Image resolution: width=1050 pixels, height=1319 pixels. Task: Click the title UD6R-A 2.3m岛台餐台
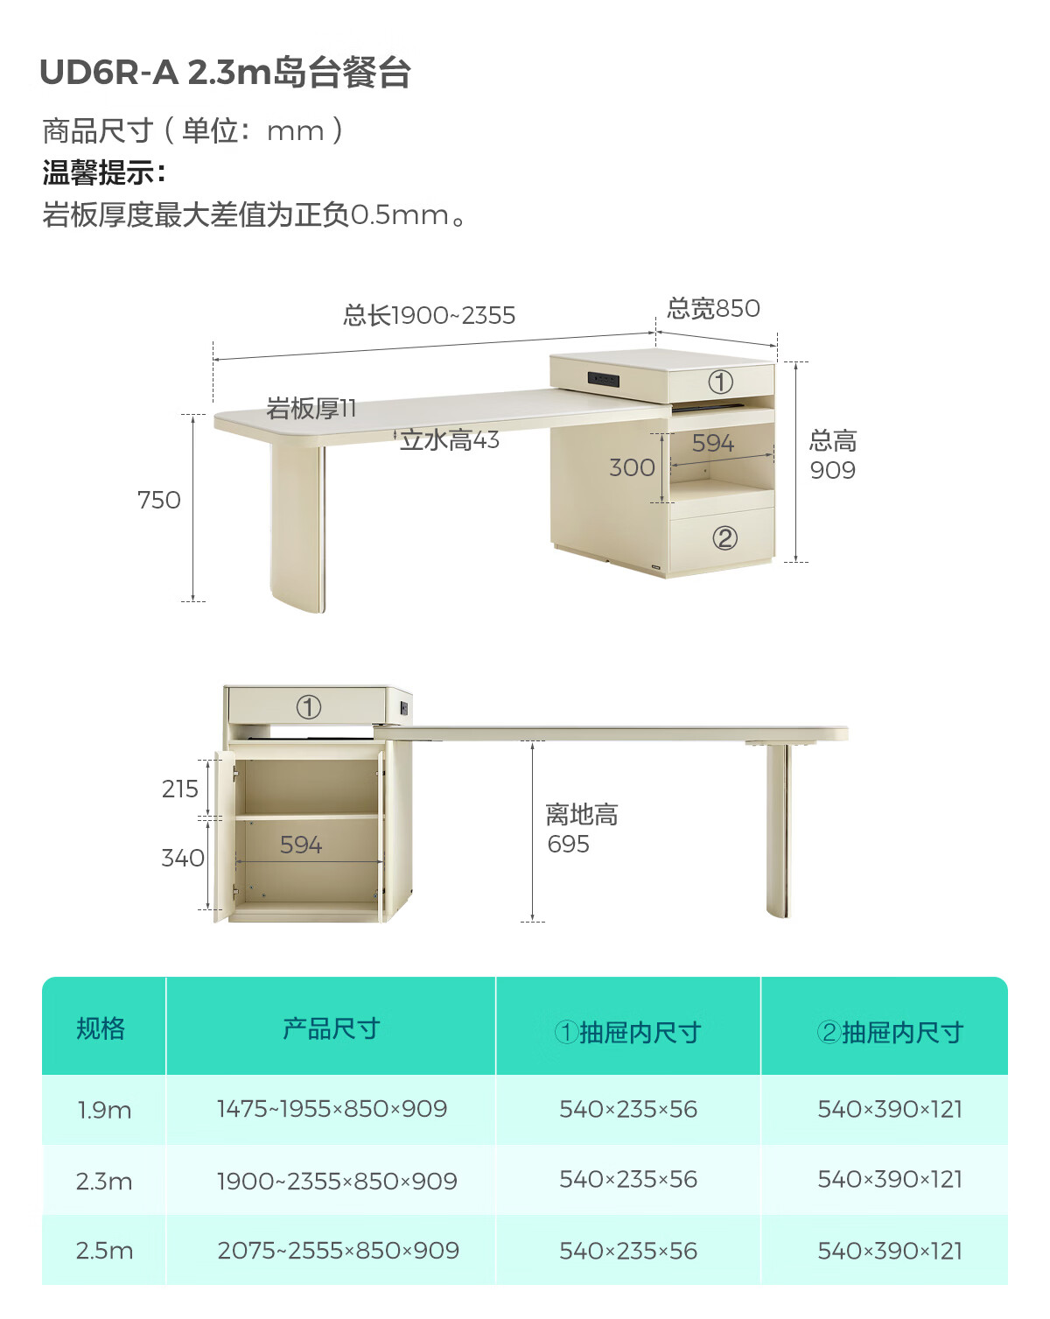coord(225,73)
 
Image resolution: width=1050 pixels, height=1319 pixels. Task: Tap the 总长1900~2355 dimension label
coord(429,315)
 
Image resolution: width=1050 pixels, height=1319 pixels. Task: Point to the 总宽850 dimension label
coord(713,308)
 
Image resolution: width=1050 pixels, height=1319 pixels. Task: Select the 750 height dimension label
coord(158,500)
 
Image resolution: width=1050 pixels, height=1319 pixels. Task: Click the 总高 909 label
coord(832,455)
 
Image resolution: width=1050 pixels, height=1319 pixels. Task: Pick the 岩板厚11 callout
coord(311,408)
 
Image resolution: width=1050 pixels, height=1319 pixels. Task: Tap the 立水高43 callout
coord(450,439)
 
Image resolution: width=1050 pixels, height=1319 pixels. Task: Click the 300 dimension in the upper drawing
coord(632,467)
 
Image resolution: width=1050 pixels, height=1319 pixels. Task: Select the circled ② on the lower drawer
coord(724,537)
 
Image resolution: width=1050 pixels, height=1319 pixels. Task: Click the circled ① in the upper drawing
coord(720,382)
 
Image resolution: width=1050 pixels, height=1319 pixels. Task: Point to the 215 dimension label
coord(180,789)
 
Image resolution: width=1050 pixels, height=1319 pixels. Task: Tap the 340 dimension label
coord(182,858)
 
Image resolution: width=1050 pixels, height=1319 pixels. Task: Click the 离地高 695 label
coord(580,829)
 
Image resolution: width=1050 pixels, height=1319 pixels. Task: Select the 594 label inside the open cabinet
coord(301,845)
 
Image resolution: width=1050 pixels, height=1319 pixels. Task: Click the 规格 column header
coord(101,1028)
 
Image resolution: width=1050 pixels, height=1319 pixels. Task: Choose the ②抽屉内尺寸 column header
coord(890,1032)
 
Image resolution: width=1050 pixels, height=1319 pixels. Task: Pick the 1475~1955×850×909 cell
coord(332,1109)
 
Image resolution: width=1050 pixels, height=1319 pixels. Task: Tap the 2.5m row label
coord(104,1251)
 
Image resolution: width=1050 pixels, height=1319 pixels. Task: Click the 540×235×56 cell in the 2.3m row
coord(628,1180)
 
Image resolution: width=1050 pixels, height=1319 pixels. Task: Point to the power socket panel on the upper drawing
coord(604,380)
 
